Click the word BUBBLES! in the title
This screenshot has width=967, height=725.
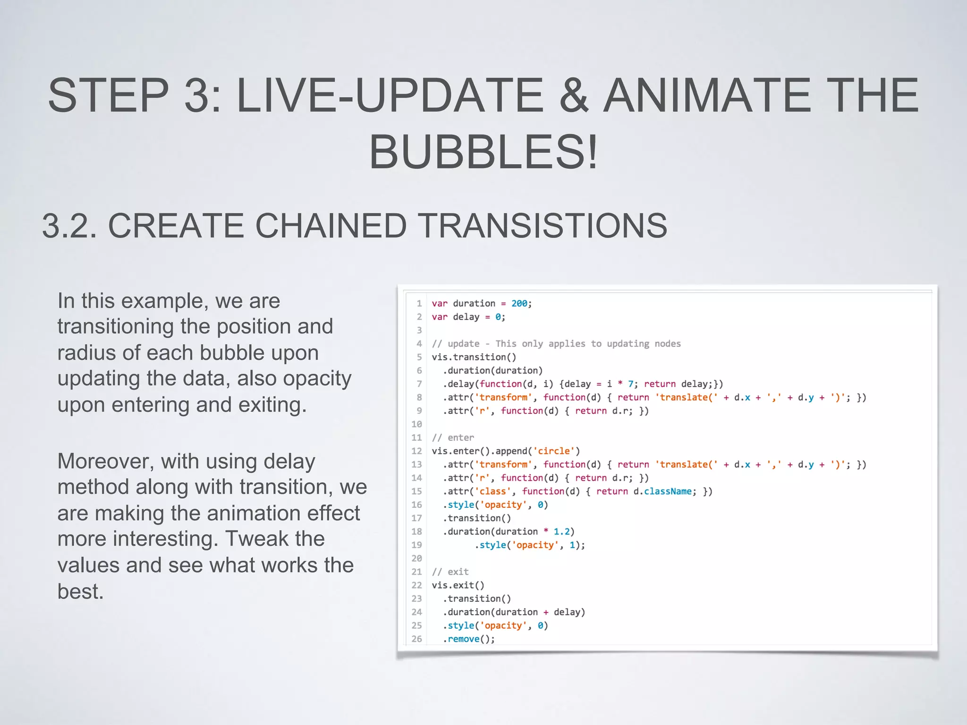tap(483, 152)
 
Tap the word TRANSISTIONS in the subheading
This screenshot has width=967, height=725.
tap(543, 225)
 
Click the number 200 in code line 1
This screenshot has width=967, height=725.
tap(519, 303)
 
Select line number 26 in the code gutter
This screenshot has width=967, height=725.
tap(416, 639)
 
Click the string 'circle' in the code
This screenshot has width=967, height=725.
tap(554, 451)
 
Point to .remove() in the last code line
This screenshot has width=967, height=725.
tap(468, 639)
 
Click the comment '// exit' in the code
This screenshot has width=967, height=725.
tap(450, 572)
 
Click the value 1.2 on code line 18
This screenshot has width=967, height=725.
tap(561, 531)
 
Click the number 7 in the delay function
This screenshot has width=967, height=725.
tap(630, 384)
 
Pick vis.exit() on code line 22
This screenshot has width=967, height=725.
tap(458, 585)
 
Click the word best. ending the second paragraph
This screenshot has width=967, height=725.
tap(80, 591)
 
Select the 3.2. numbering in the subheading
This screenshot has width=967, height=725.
tap(69, 225)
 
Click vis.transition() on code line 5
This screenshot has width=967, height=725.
tap(474, 357)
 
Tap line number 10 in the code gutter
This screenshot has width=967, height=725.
tap(416, 424)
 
